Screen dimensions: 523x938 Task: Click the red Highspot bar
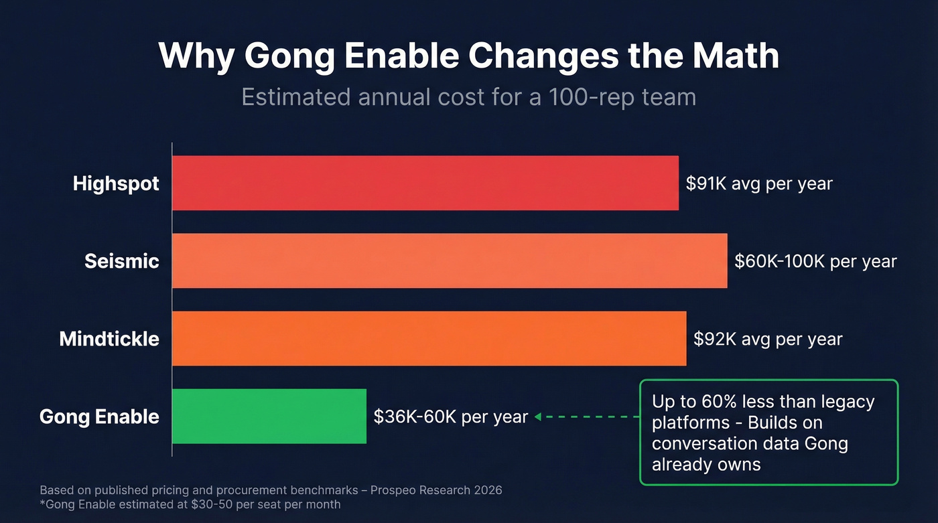(x=425, y=183)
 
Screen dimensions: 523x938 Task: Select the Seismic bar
(x=449, y=260)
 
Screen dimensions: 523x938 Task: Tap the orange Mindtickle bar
(x=429, y=338)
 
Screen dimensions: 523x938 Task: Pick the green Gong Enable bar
(x=269, y=416)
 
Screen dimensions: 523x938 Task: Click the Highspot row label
(x=116, y=183)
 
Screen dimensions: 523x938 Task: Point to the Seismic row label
(x=121, y=261)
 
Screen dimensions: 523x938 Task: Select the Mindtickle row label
(x=109, y=339)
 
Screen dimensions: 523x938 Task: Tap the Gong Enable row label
(x=99, y=417)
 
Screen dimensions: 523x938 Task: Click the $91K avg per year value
(x=758, y=183)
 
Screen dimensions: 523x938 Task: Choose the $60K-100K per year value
(x=815, y=261)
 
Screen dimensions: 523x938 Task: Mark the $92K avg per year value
(x=767, y=339)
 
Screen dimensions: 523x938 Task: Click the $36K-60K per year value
(x=450, y=417)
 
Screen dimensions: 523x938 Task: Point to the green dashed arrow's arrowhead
(x=537, y=417)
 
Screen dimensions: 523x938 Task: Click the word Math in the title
(x=736, y=56)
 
